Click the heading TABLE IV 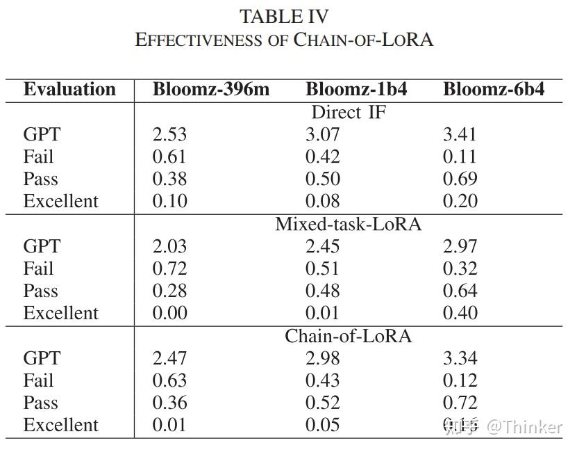coord(284,16)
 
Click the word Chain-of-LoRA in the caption coord(364,39)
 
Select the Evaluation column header coord(69,90)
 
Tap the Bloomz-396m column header coord(211,90)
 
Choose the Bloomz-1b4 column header coord(356,90)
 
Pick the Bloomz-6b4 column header coord(494,90)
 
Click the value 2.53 coord(169,134)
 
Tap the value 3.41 coord(460,134)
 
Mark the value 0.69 coord(460,179)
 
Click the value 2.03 coord(169,246)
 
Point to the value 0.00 coord(169,313)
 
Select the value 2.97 coord(460,246)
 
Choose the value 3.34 coord(460,358)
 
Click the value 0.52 coord(323,403)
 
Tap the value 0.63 coord(169,380)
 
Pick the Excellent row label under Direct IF coord(61,201)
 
